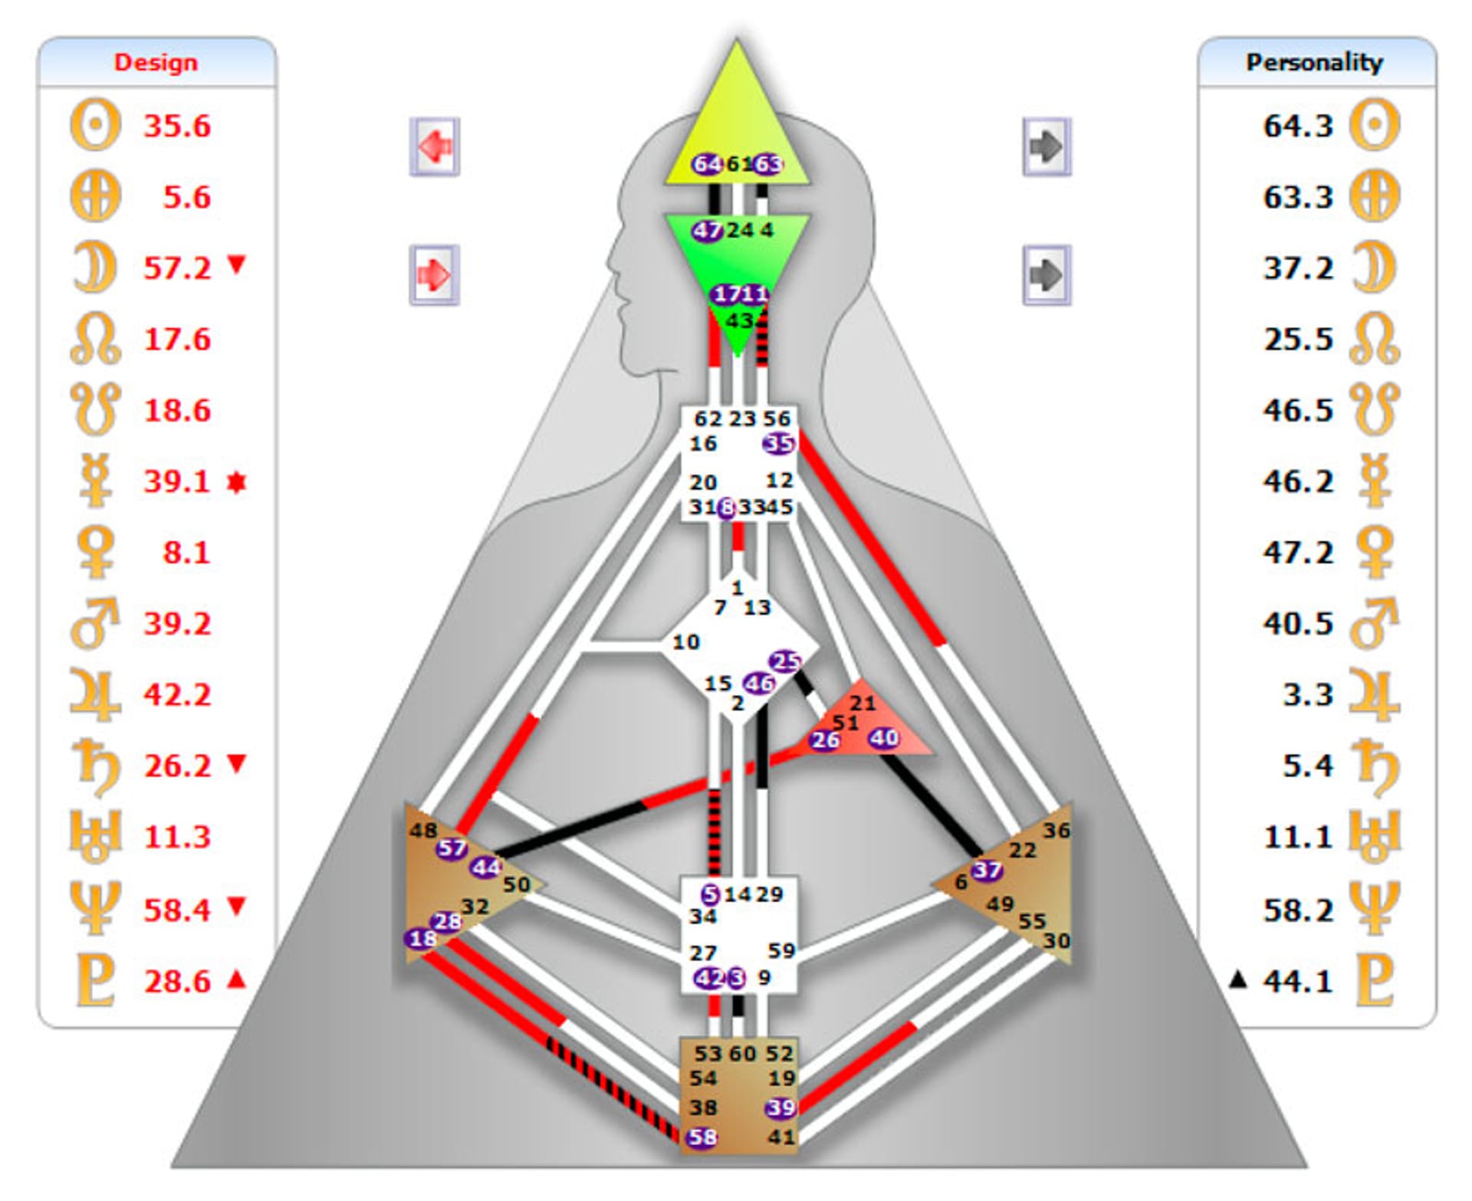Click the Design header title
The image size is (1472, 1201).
[x=156, y=62]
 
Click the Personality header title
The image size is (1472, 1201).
[x=1314, y=62]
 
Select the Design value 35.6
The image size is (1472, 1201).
[x=177, y=126]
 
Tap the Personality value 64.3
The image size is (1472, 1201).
[x=1298, y=126]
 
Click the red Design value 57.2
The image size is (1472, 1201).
[x=177, y=268]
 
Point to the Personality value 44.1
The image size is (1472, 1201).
[x=1298, y=981]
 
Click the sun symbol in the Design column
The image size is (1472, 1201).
[x=95, y=125]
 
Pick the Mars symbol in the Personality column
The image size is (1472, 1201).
[x=1375, y=623]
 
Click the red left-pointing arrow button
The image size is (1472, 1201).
[x=435, y=146]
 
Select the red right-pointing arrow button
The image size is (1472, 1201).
[x=435, y=274]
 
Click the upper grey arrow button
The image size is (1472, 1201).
[x=1046, y=146]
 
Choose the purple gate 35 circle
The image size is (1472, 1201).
[x=778, y=443]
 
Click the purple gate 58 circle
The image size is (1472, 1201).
[x=702, y=1137]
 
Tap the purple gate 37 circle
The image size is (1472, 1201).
[x=987, y=870]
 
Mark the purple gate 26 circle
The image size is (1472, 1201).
[x=825, y=740]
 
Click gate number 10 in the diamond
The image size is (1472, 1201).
[x=685, y=642]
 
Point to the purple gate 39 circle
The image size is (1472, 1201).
[x=780, y=1107]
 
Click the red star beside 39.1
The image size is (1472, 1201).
[x=237, y=482]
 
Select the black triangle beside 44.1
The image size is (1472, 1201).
[x=1237, y=980]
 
